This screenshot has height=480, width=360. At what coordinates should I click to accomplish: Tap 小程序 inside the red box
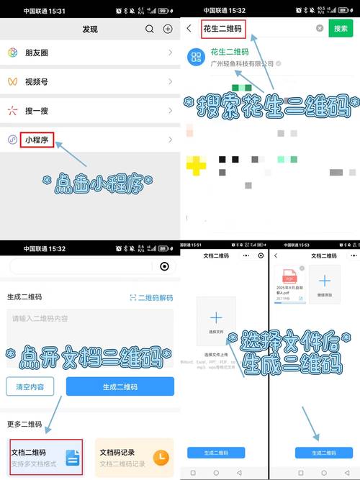point(37,140)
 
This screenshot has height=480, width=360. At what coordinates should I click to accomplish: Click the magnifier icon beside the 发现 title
point(150,29)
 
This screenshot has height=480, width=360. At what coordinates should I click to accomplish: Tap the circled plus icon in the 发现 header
point(168,29)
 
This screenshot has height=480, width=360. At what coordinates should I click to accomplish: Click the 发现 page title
point(90,29)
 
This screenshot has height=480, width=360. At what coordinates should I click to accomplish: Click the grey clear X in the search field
point(320,29)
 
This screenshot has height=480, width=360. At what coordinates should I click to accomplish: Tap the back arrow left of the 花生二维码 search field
point(189,29)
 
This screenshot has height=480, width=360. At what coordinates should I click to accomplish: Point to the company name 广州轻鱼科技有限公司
point(242,64)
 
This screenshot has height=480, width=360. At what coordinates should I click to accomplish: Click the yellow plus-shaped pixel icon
point(196,166)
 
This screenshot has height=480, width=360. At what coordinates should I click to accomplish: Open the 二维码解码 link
point(152,297)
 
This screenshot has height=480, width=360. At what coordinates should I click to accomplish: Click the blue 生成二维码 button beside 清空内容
point(120,386)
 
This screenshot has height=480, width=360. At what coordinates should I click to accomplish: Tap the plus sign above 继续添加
point(325,281)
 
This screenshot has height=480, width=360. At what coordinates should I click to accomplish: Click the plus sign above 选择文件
point(216,317)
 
